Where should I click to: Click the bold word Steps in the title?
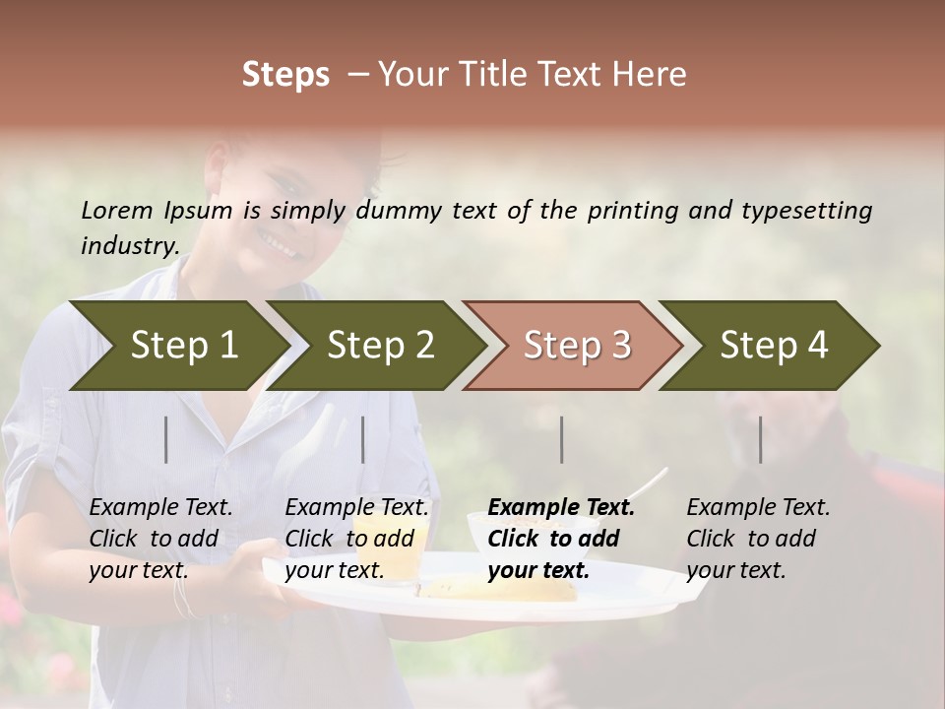[x=285, y=75]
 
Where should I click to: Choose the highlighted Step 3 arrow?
[x=577, y=346]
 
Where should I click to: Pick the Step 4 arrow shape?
[x=774, y=346]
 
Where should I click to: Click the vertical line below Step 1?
[x=166, y=439]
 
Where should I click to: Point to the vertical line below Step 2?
[x=363, y=439]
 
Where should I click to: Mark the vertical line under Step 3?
[x=562, y=439]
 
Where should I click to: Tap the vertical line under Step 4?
[x=761, y=439]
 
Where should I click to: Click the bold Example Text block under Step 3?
[x=561, y=539]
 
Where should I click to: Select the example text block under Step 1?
[x=160, y=539]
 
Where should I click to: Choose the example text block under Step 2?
[x=356, y=539]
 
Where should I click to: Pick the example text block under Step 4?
[x=758, y=539]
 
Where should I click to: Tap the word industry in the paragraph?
[x=130, y=246]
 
